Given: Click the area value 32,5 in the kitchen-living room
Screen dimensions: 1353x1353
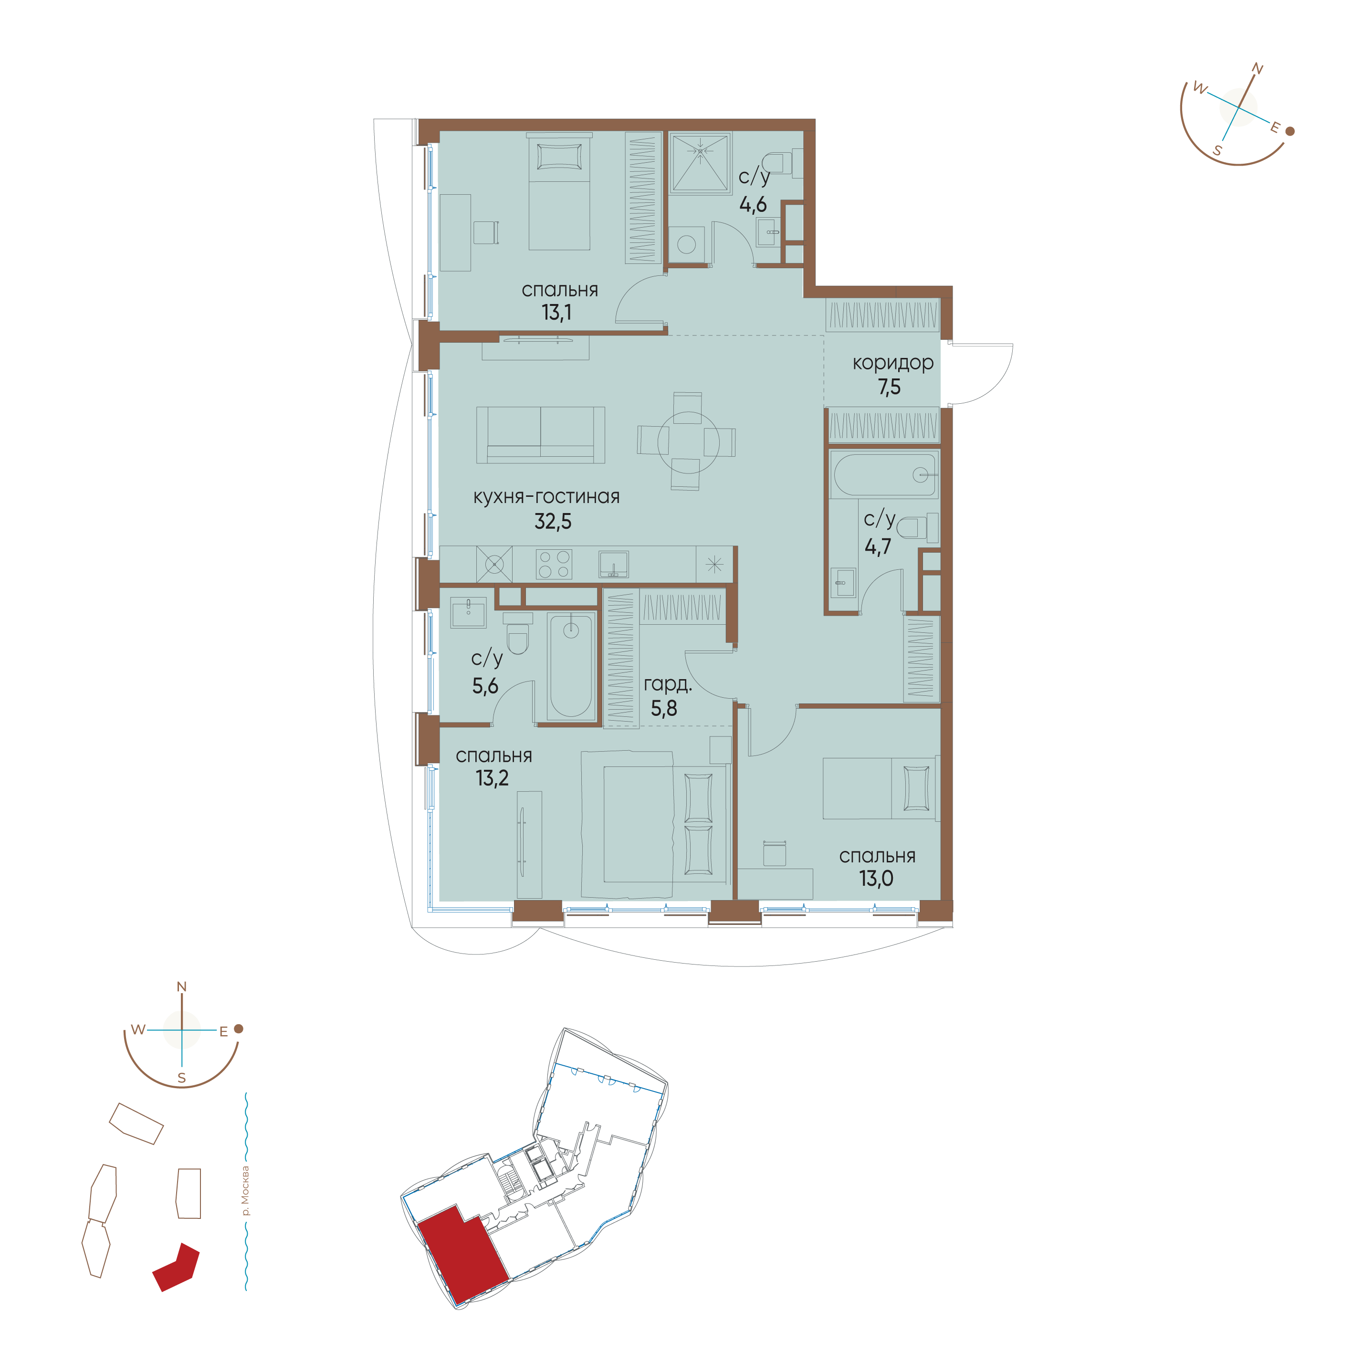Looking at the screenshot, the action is tap(553, 521).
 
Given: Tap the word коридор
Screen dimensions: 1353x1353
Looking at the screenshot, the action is tap(893, 364).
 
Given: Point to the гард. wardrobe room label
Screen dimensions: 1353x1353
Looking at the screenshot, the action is tap(667, 684).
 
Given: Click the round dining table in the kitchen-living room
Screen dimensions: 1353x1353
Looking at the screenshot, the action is tap(688, 442).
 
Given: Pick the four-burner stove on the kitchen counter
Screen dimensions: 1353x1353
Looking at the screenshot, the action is tap(554, 564).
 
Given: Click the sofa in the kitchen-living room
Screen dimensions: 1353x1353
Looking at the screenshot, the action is tap(541, 435).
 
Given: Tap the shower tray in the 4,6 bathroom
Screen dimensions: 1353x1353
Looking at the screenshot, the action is tap(700, 162).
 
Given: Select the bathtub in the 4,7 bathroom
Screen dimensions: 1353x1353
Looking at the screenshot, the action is tap(884, 474).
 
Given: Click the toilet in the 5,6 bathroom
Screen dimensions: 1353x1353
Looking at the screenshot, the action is tap(517, 633).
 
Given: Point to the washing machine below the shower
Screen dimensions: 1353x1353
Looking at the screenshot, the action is tap(686, 244).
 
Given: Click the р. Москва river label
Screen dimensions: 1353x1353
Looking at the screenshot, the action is tap(244, 1191).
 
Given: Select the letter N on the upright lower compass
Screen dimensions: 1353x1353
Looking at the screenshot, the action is tap(181, 987).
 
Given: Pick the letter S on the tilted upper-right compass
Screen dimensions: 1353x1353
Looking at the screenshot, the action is tap(1217, 150).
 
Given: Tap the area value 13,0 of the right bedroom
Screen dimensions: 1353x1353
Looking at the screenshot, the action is tap(876, 878).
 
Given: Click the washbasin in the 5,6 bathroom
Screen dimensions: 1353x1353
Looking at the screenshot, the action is tap(468, 613).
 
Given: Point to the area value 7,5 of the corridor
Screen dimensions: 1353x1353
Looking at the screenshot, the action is tap(890, 387).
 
